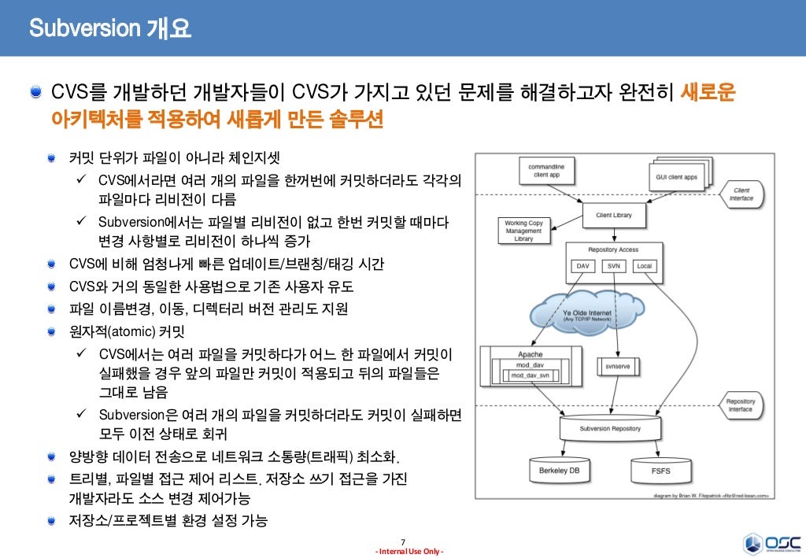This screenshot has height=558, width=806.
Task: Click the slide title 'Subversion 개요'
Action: [x=110, y=29]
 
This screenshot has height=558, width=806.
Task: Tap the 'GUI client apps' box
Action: [x=676, y=177]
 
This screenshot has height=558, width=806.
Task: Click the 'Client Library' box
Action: [x=616, y=214]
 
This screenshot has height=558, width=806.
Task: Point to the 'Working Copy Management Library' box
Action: [x=523, y=231]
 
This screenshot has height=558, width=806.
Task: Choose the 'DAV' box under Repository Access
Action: [x=583, y=266]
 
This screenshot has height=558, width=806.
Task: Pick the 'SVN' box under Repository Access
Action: [x=614, y=266]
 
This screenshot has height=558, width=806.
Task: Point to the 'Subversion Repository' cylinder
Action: [x=610, y=429]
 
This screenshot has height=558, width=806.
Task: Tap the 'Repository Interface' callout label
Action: [x=740, y=405]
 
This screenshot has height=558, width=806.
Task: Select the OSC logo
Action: [x=772, y=543]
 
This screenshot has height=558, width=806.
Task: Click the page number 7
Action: [x=403, y=541]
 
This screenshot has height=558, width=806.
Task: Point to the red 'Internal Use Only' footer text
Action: [x=409, y=551]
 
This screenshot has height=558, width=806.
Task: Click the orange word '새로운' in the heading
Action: [x=708, y=93]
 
